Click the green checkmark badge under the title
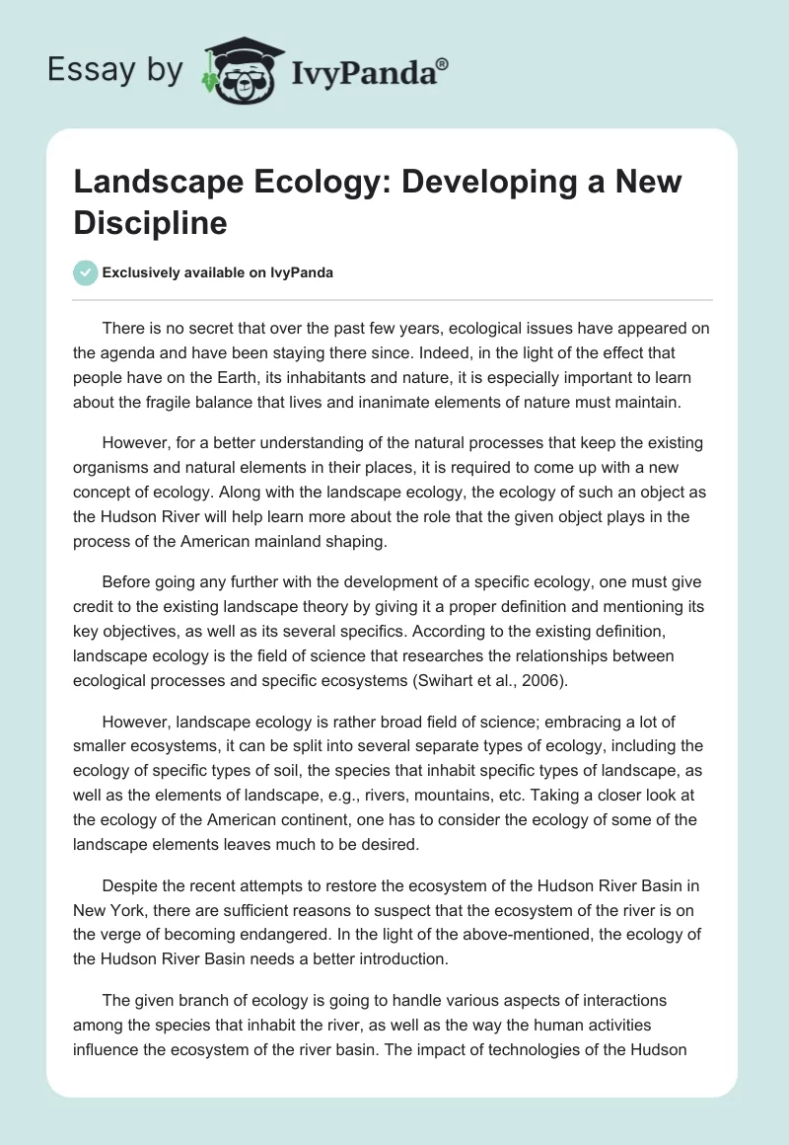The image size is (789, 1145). click(x=86, y=272)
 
